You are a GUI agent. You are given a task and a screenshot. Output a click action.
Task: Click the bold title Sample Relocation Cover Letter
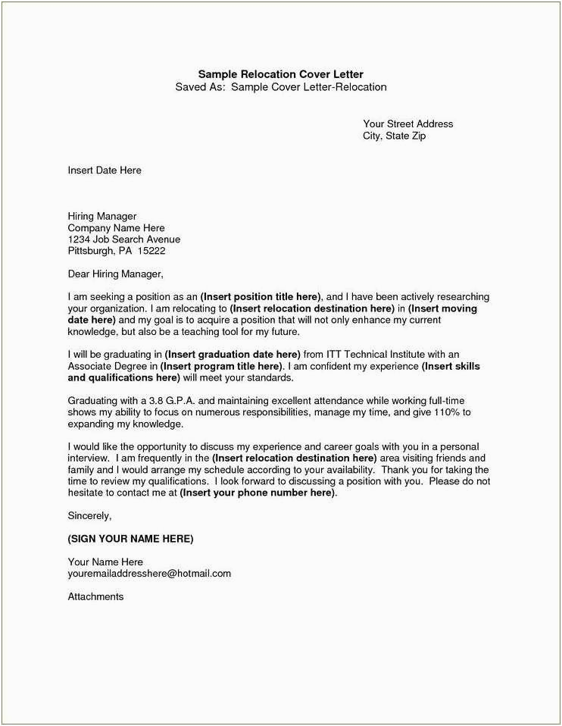point(280,74)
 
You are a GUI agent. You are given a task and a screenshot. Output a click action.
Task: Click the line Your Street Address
point(407,124)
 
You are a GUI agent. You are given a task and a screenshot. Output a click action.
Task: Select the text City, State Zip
point(395,136)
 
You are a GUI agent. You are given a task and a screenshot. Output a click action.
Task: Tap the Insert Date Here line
point(105,171)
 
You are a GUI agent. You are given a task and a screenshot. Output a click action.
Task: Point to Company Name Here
point(116,228)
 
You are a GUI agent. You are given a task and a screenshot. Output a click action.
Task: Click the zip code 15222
point(151,251)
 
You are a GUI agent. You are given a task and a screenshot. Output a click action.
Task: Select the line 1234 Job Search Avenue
point(123,239)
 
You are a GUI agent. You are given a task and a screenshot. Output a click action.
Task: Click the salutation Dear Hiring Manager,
point(115,274)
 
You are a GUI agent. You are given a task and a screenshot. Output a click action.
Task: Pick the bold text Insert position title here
point(261,296)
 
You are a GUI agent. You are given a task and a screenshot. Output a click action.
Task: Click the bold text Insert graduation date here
point(233,354)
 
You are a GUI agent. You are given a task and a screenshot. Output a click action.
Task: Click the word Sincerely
point(89,515)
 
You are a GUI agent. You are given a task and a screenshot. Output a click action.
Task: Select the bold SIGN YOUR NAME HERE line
point(130,539)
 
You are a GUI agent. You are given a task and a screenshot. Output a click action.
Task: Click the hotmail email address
point(149,574)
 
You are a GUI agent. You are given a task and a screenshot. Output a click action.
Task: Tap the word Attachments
point(95,596)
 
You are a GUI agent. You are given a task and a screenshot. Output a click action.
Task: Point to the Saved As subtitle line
point(280,87)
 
